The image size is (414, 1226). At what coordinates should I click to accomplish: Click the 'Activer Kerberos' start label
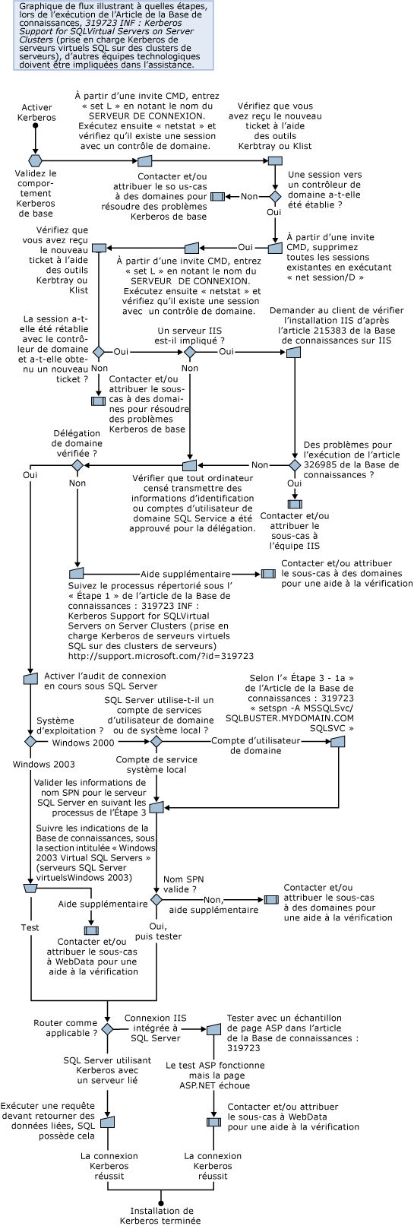coord(36,113)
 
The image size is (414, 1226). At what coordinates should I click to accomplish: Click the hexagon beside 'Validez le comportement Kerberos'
coord(34,160)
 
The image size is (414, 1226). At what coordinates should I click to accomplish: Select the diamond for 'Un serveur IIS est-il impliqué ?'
coord(189,352)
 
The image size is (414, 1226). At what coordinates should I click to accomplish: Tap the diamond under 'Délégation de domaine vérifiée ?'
coord(77,464)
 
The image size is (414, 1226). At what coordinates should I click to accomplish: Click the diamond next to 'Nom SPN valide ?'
coord(156,898)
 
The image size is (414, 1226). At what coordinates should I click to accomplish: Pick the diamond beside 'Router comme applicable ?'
coord(107,1028)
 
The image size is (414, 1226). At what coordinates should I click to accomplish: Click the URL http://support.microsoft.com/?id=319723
coord(160,654)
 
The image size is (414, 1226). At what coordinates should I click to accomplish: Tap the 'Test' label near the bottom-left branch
coord(30,927)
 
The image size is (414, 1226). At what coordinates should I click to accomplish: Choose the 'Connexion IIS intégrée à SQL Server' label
coord(156,1028)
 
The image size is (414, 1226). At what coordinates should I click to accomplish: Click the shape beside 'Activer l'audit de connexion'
coord(30,679)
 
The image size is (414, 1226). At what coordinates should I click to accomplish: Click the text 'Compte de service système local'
coord(156,764)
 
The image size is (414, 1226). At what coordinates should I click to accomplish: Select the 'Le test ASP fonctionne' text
coord(215,1066)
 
